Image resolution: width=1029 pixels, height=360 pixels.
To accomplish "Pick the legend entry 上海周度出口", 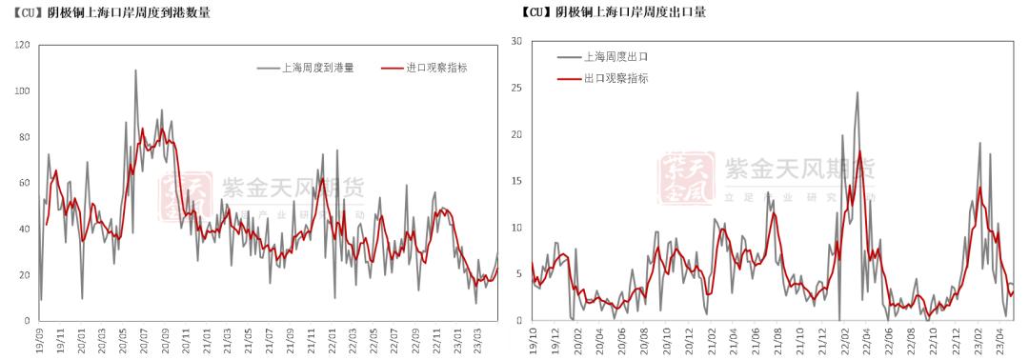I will (615, 57).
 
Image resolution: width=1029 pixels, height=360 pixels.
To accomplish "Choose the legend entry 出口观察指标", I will (615, 78).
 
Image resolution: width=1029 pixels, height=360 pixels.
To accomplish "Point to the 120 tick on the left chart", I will (23, 45).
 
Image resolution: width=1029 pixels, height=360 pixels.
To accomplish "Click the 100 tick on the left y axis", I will (23, 90).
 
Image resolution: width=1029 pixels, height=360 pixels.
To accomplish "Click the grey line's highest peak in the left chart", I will (135, 70).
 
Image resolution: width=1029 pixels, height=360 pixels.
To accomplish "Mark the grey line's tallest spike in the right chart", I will (857, 92).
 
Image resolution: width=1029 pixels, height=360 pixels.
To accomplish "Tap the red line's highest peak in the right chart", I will (859, 151).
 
